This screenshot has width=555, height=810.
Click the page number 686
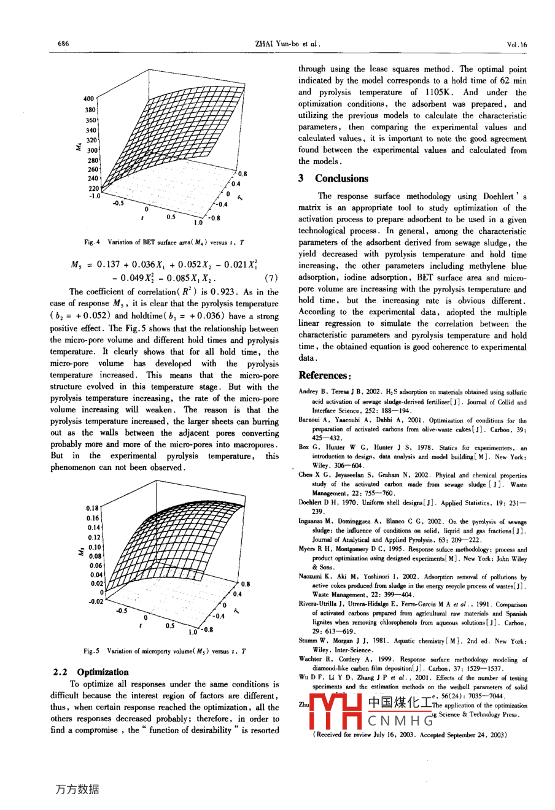click(63, 44)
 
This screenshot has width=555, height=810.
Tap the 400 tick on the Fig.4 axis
click(88, 99)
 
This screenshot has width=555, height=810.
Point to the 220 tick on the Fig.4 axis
click(93, 188)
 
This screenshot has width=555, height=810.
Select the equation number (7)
click(268, 279)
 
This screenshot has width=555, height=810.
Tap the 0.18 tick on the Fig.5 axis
click(92, 508)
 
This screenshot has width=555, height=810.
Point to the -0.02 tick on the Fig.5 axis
click(95, 601)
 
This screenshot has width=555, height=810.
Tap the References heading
click(325, 376)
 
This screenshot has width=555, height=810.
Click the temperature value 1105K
click(443, 92)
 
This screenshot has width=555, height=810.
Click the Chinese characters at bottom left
click(76, 789)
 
